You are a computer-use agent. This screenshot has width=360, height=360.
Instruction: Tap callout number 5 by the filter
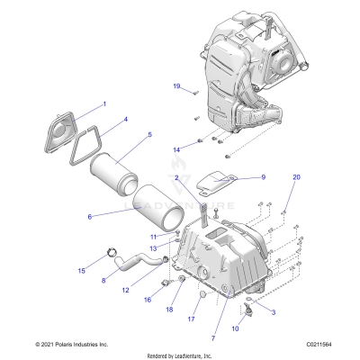(x=149, y=136)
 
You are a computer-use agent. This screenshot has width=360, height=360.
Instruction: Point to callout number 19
(x=176, y=85)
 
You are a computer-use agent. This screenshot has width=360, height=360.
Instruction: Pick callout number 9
(x=263, y=178)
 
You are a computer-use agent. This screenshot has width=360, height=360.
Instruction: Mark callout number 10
(x=236, y=329)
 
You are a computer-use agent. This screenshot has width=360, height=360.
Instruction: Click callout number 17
(x=191, y=319)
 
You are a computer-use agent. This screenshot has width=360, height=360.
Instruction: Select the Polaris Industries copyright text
(x=58, y=344)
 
